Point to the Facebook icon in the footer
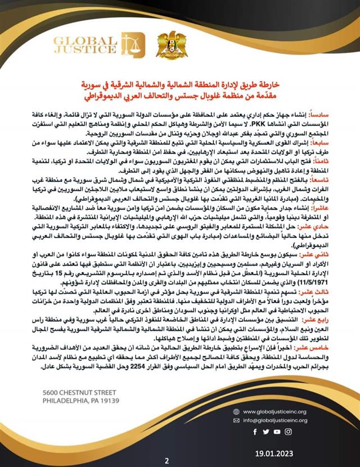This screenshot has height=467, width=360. click(x=255, y=432)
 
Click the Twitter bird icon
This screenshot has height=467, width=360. click(x=265, y=432)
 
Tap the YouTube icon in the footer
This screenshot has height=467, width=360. click(x=277, y=432)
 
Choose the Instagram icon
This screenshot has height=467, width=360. click(x=288, y=432)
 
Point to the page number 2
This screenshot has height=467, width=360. click(x=166, y=460)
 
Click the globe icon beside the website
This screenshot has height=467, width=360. click(x=240, y=411)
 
